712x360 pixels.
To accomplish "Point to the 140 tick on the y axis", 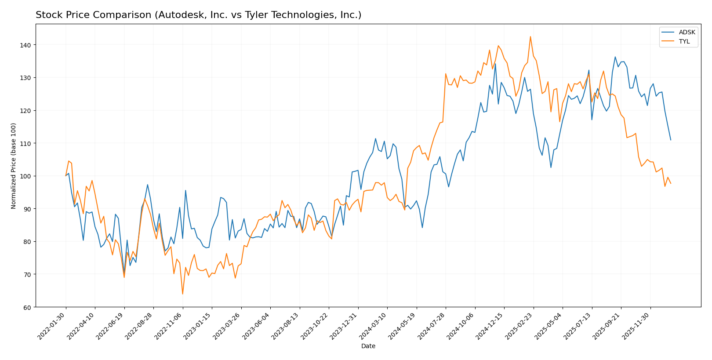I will (x=27, y=45).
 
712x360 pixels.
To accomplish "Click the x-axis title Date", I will (x=368, y=346).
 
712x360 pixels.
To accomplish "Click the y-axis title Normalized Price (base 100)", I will (x=14, y=166).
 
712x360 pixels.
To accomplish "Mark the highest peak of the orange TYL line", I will (x=530, y=36).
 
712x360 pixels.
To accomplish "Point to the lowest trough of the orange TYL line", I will (x=182, y=294).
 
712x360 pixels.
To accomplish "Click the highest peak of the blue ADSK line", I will (x=615, y=57).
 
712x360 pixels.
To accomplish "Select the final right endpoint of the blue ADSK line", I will (x=671, y=140).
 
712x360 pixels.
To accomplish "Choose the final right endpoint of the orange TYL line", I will (x=671, y=183).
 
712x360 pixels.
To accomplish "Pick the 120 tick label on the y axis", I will (x=27, y=110).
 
